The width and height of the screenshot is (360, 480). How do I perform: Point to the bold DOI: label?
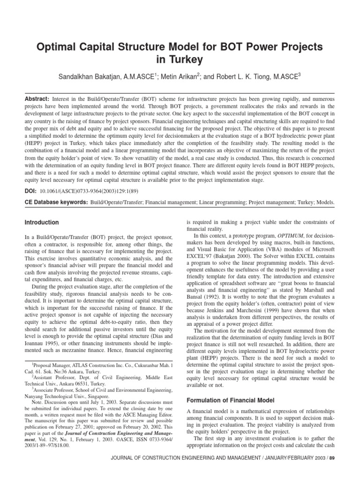tap(31, 192)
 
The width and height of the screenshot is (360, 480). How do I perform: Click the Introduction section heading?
tap(42, 222)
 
